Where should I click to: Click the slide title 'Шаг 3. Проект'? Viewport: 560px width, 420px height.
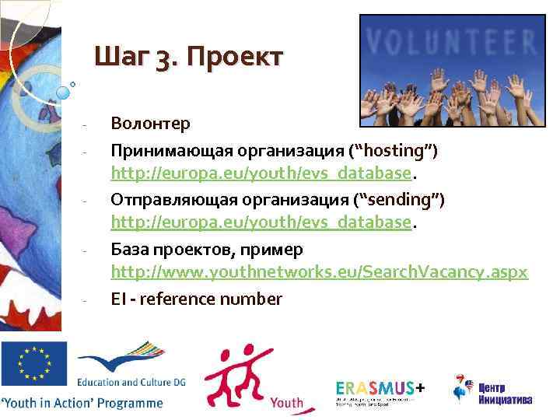189,57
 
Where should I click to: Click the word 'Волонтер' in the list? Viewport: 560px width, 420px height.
150,123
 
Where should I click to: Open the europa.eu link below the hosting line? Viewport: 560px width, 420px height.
260,172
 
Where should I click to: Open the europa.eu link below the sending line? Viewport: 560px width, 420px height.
260,223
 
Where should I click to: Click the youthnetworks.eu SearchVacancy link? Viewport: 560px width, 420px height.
319,272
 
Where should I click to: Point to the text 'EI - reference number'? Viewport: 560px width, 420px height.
196,299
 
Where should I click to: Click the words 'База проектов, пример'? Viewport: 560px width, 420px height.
207,250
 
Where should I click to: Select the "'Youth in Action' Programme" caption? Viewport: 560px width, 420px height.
82,403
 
